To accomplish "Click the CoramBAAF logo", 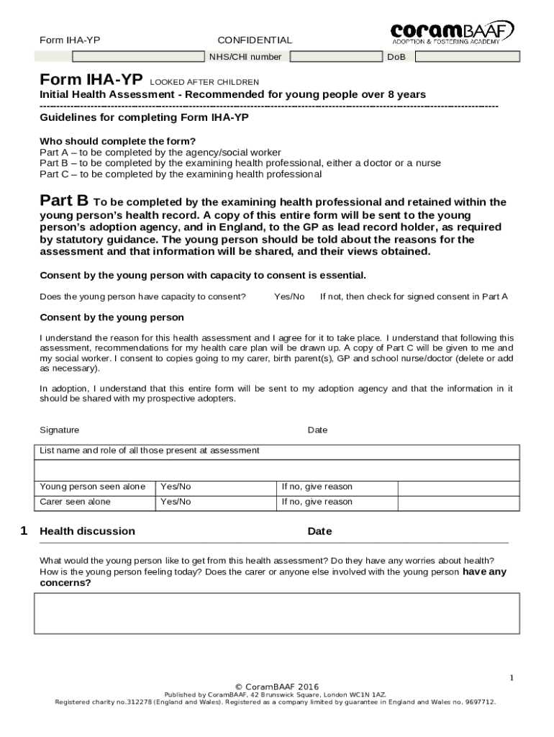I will point(452,32).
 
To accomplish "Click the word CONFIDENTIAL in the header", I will point(255,40).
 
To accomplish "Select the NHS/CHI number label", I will point(245,56).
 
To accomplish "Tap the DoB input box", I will point(466,56).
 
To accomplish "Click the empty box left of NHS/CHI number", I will point(137,56).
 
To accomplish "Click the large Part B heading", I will point(64,200).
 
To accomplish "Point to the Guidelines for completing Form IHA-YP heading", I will point(144,117).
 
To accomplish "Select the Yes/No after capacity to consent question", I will point(289,297).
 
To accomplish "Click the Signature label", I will point(60,430).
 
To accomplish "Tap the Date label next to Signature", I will point(317,430).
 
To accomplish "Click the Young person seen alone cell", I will point(93,487).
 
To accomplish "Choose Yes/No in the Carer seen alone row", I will point(176,502).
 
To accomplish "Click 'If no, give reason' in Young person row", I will point(317,487).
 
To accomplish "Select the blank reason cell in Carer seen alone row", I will point(458,502).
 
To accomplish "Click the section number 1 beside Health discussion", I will point(24,531).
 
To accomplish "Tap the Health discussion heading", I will point(87,531).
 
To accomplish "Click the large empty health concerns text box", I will point(277,613).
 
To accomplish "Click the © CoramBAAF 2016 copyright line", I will point(277,687).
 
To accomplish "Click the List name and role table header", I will point(150,451).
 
